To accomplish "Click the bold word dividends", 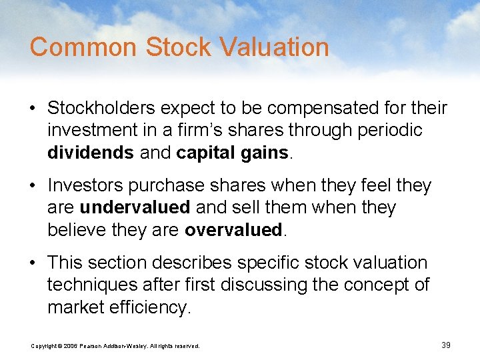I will (90, 153).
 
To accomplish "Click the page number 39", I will (446, 345).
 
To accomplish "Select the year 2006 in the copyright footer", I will (70, 346).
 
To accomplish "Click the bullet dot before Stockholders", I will (33, 108).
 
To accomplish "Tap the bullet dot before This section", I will (33, 263).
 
